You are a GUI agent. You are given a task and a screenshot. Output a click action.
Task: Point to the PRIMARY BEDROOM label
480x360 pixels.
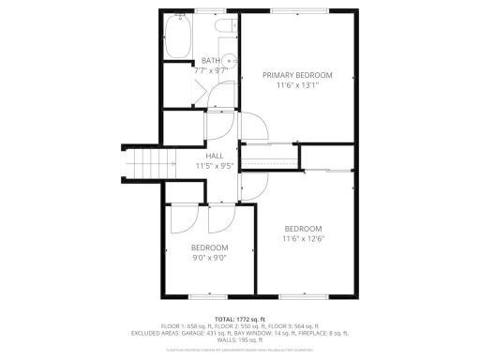click(x=297, y=75)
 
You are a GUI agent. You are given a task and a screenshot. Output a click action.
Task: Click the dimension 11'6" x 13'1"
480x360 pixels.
click(x=297, y=86)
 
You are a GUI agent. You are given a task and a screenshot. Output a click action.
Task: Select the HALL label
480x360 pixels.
click(x=214, y=156)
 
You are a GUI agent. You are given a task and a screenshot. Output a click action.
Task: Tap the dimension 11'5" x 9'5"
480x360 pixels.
click(x=214, y=166)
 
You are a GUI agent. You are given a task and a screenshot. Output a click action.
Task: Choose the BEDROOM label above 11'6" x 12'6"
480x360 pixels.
click(x=304, y=229)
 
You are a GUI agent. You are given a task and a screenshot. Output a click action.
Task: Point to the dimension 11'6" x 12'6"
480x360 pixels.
click(x=304, y=239)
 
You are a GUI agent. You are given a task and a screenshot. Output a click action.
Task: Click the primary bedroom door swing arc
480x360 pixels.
click(x=254, y=129)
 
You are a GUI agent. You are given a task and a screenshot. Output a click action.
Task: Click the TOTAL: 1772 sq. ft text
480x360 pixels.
click(x=239, y=318)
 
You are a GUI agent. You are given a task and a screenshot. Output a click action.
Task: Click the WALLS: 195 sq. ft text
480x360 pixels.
click(x=239, y=340)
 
